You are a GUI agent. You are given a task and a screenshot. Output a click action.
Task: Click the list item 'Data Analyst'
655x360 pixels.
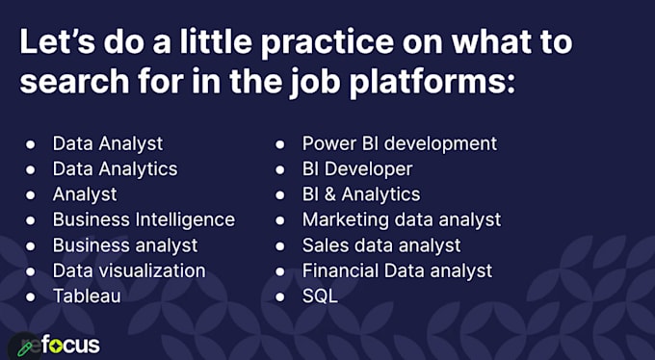(107, 143)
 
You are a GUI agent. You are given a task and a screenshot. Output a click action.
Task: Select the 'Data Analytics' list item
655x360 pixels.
(115, 168)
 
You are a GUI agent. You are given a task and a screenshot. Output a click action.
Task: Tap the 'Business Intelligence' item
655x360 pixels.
(144, 219)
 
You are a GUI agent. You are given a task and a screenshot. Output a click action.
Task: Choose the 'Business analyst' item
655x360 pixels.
(125, 244)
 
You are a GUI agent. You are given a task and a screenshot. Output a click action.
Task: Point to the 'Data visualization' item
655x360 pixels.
(128, 270)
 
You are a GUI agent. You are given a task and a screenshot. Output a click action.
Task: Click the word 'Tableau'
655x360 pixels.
(87, 296)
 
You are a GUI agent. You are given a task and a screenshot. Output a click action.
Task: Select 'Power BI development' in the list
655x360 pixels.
(399, 143)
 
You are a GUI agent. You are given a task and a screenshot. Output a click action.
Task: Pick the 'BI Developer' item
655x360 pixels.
(356, 168)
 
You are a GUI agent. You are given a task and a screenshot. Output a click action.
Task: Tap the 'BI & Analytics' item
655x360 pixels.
(360, 194)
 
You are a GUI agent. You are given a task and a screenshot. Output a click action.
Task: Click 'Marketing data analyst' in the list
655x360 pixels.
(401, 219)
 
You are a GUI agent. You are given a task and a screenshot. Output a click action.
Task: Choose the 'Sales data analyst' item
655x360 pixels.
(381, 244)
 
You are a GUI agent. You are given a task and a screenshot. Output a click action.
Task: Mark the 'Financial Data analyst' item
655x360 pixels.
(397, 270)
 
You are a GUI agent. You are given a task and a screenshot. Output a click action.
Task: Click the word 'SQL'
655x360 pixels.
(320, 296)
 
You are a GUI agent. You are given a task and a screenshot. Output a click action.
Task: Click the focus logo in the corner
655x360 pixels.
(54, 344)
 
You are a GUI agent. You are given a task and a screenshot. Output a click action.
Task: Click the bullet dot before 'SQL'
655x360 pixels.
(280, 296)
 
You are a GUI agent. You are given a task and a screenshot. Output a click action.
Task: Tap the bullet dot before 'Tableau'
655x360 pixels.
(31, 296)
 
